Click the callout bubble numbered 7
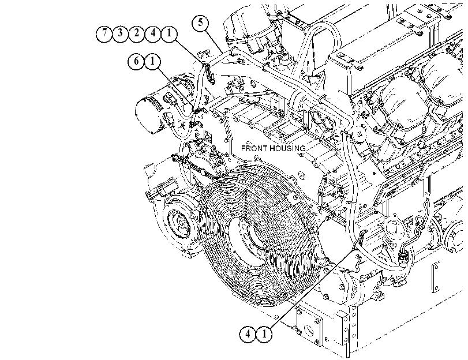[104, 33]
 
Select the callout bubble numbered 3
[120, 33]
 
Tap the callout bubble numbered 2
[136, 33]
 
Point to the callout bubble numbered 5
[201, 23]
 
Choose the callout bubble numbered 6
[136, 62]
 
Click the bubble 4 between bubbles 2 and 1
[153, 33]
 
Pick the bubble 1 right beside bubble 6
[152, 62]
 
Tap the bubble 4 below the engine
[248, 334]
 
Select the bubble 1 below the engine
[264, 334]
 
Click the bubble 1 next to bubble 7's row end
[169, 33]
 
